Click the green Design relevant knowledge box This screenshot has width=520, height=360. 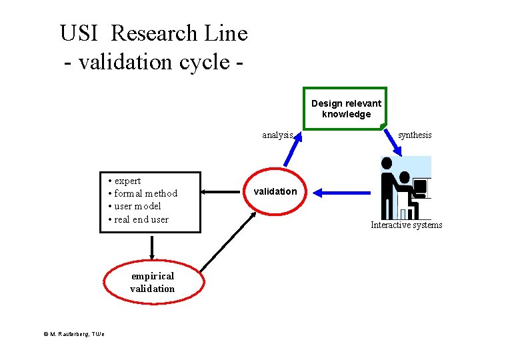click(345, 108)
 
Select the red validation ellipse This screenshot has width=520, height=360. click(275, 191)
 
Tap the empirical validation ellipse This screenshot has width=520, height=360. click(153, 282)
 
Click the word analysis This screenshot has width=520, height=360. click(277, 135)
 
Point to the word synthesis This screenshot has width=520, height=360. click(415, 135)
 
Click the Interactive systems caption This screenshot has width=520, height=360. click(406, 225)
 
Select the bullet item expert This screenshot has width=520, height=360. click(127, 181)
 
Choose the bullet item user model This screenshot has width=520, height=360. click(137, 206)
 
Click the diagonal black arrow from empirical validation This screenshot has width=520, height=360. click(227, 241)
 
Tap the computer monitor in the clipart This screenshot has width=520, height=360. click(420, 188)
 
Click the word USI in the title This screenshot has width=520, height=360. click(79, 33)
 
